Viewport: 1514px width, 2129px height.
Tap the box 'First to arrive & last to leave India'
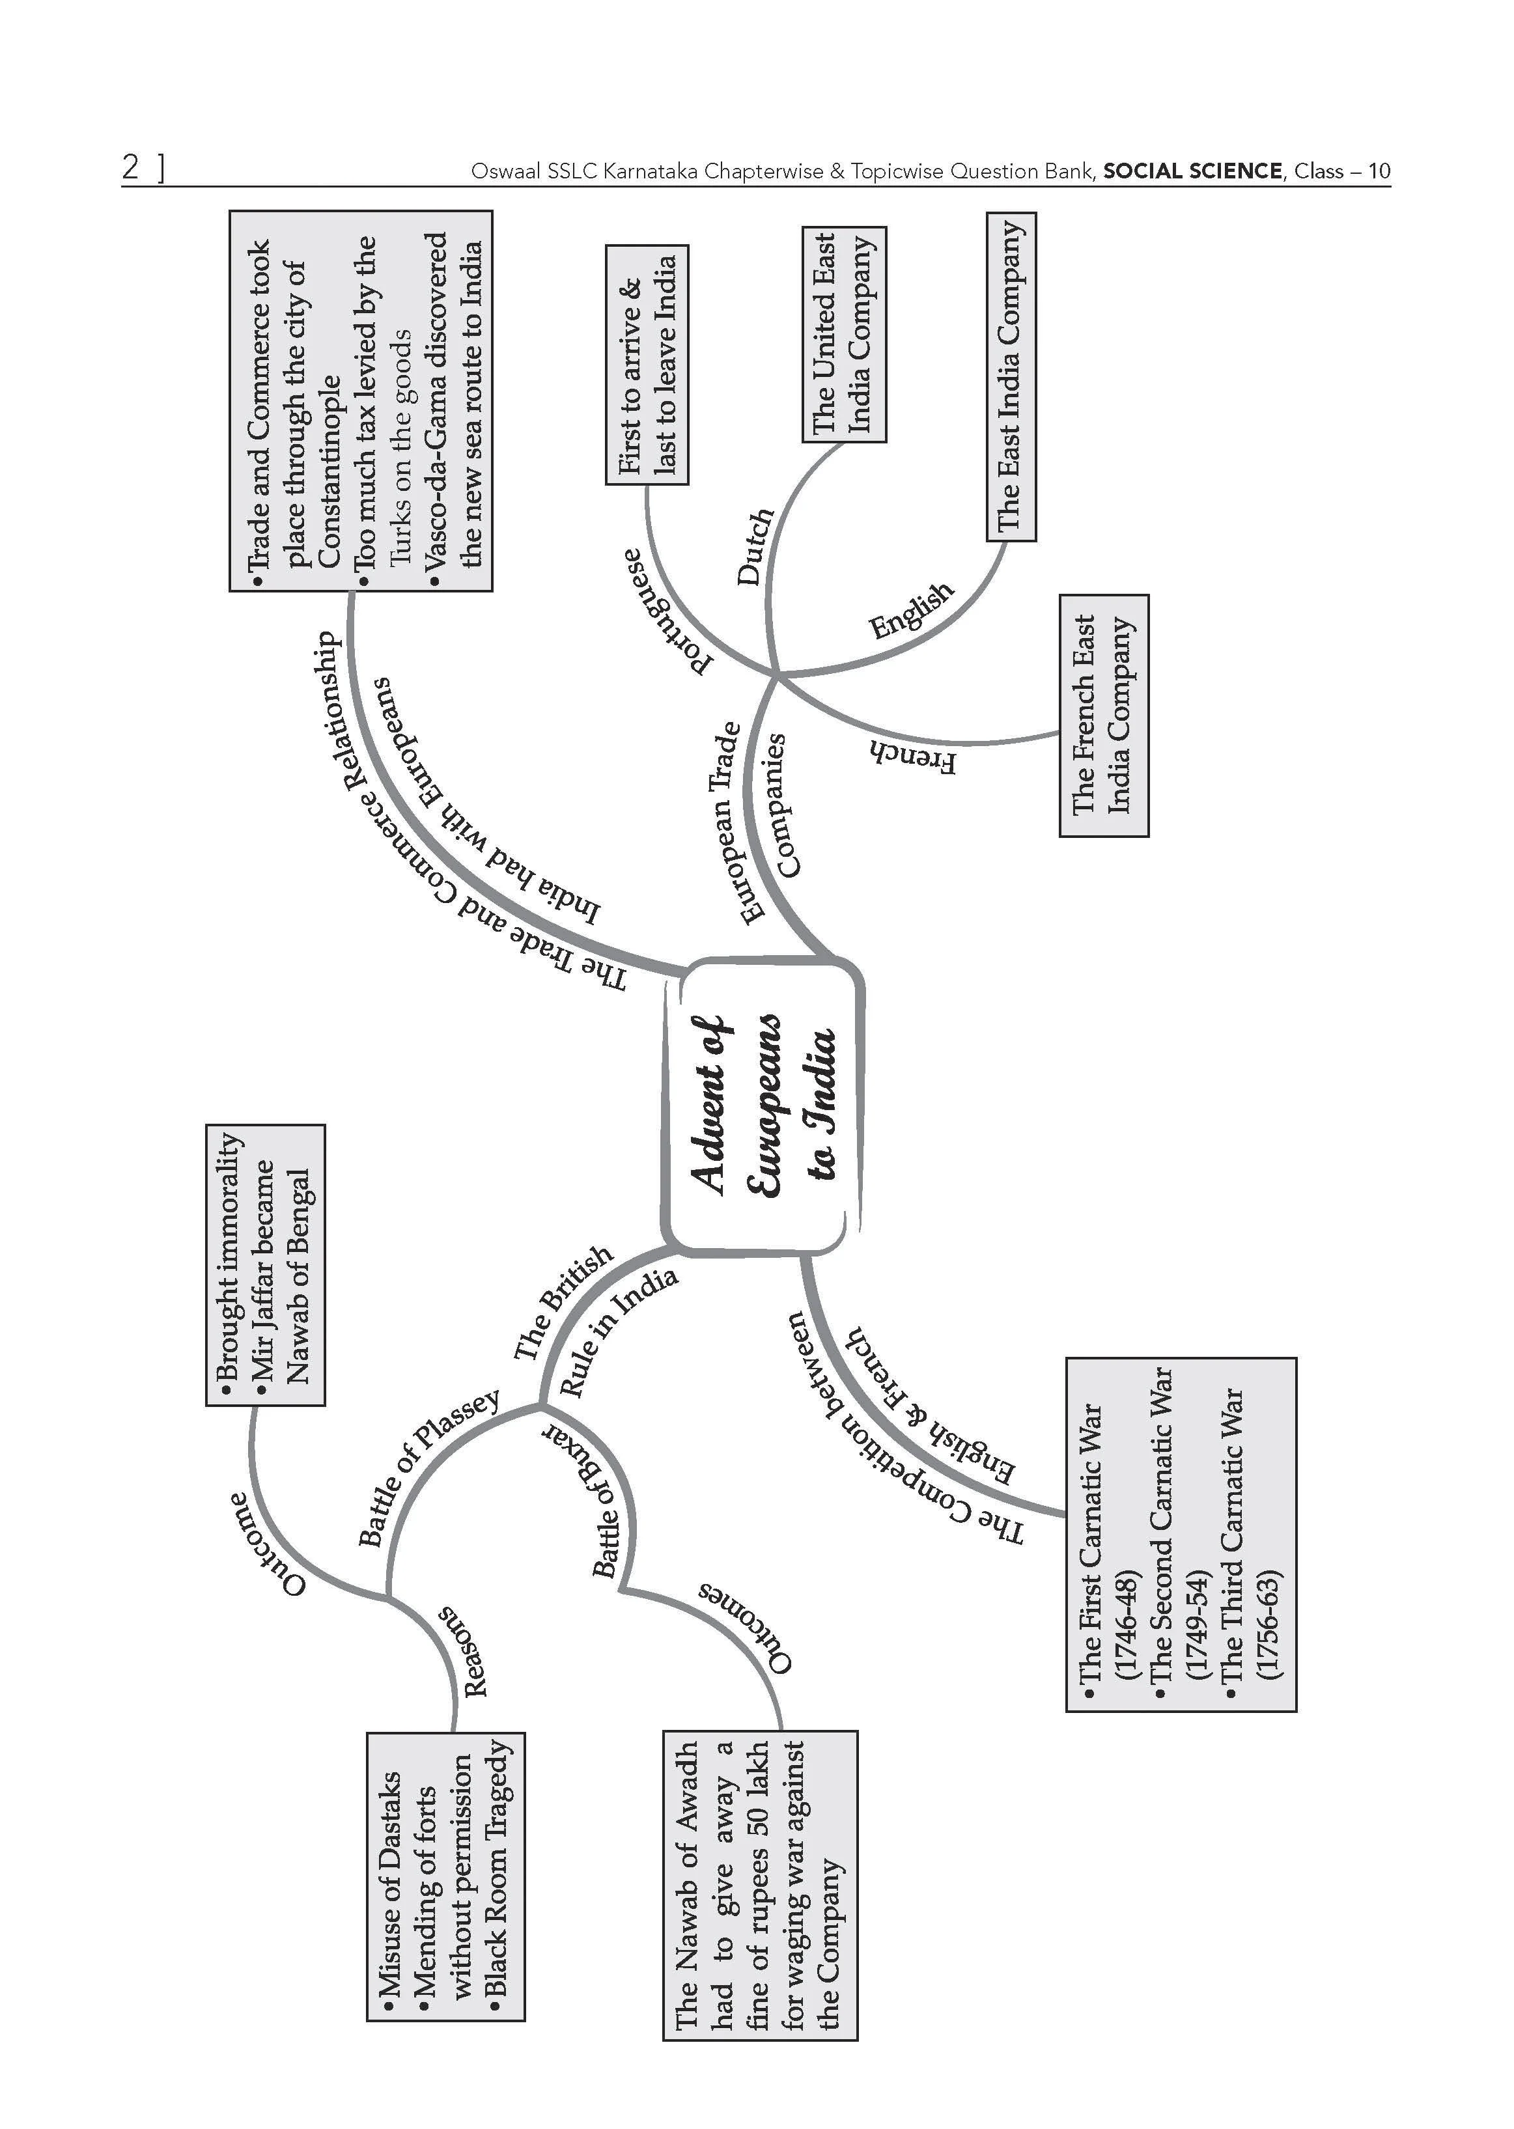point(647,365)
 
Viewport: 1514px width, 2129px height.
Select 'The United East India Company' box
point(844,334)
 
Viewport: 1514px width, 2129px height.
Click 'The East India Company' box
point(1011,376)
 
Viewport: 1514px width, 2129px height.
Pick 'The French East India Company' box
point(1104,715)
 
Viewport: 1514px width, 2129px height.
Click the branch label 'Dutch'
point(755,546)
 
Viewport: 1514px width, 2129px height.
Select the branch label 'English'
point(912,611)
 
